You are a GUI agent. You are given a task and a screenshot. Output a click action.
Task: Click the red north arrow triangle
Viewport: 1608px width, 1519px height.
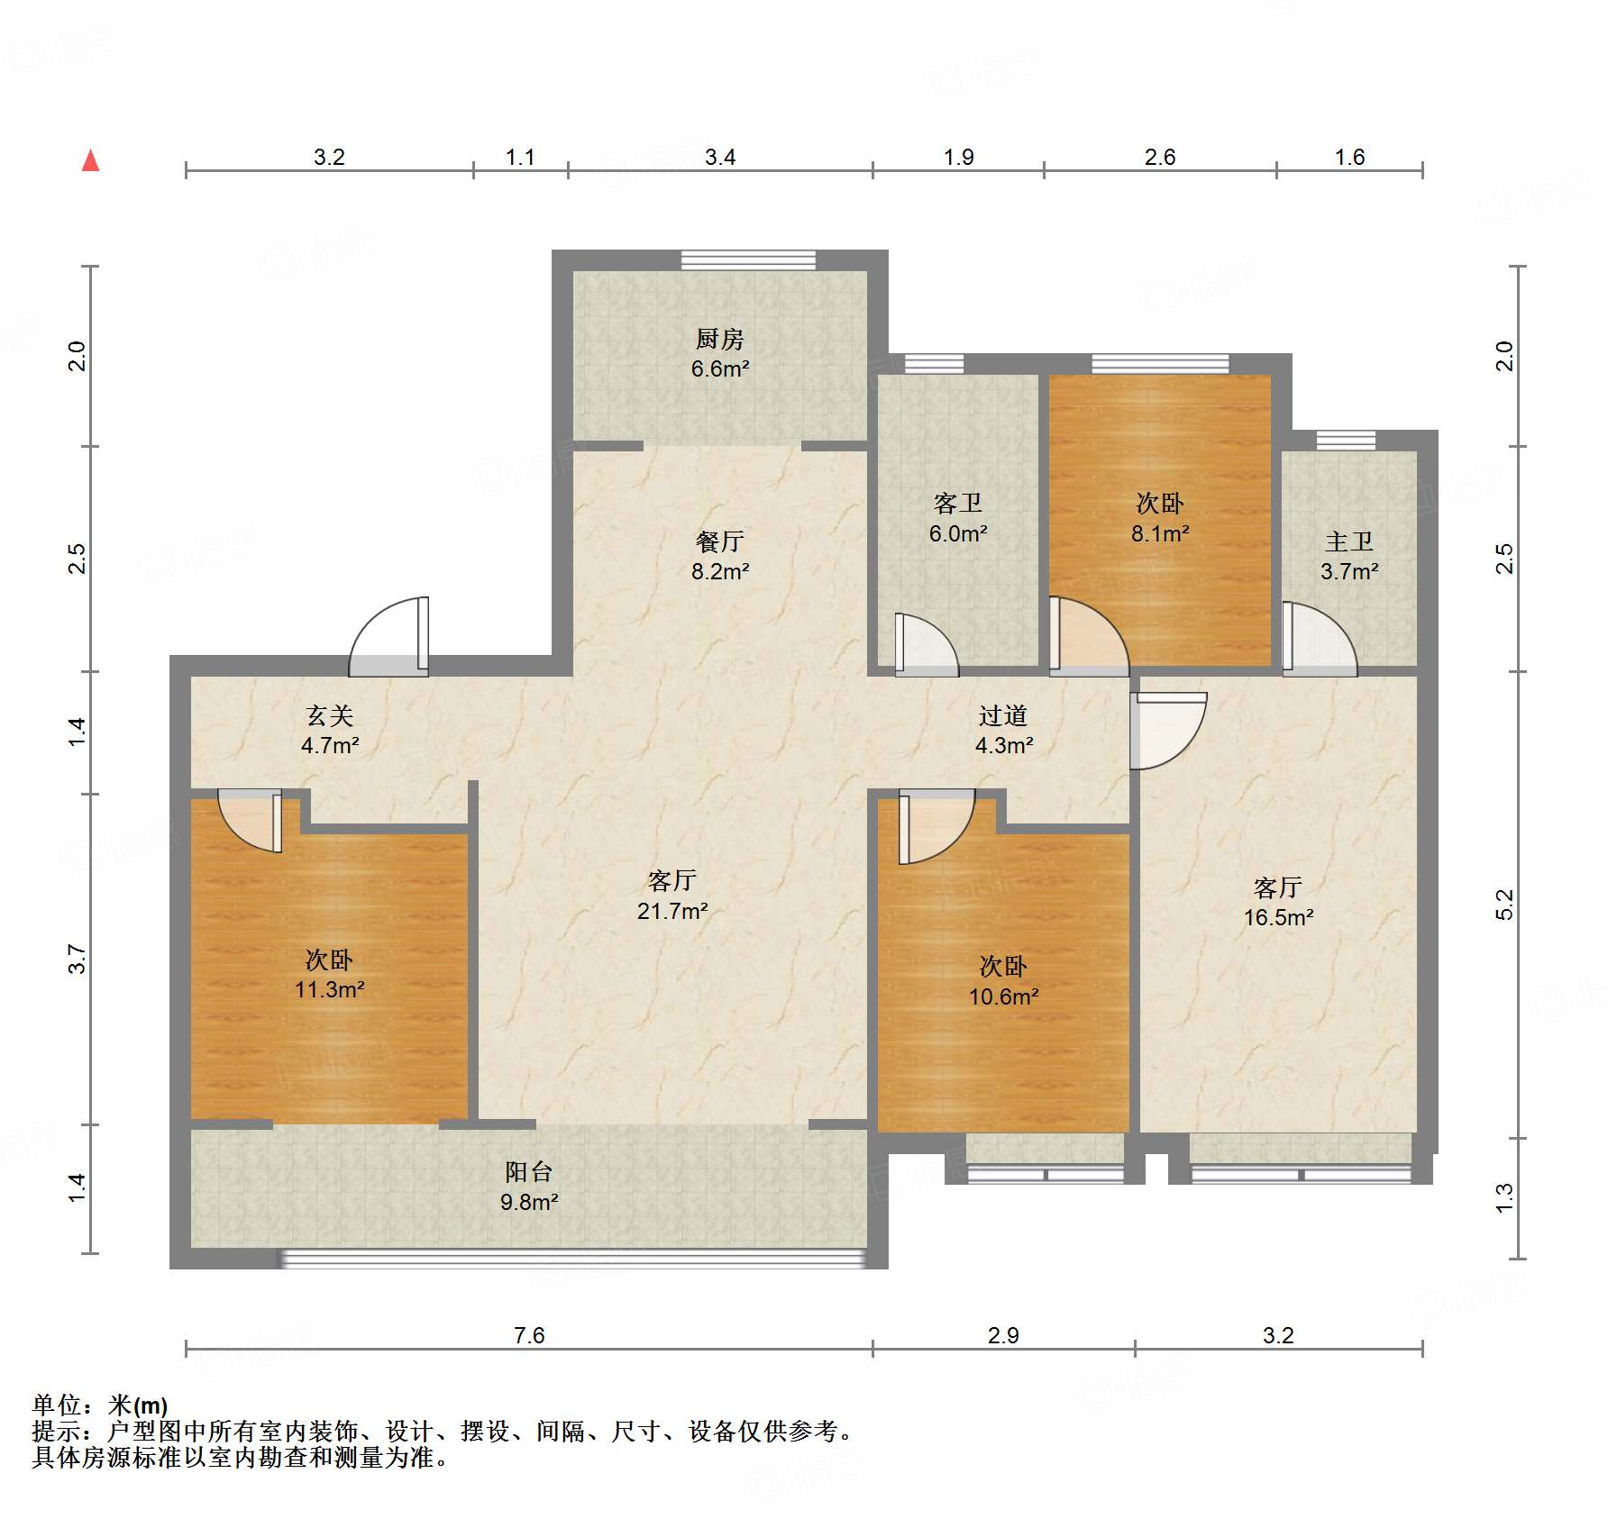[90, 160]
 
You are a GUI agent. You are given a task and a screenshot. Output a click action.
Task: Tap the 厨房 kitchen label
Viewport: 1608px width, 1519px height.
[719, 339]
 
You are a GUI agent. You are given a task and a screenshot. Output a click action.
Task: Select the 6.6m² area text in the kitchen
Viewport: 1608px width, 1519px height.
[720, 368]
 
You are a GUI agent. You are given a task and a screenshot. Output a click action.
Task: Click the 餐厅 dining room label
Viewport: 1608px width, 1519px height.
[719, 541]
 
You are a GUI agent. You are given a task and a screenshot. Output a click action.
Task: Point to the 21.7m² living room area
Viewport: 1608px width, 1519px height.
[672, 911]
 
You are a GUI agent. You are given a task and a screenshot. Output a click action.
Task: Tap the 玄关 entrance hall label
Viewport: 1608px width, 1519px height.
[330, 715]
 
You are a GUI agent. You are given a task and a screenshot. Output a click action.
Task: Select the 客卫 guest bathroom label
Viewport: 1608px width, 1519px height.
[958, 503]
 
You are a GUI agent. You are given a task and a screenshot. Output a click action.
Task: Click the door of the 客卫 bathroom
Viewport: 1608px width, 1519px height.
[927, 644]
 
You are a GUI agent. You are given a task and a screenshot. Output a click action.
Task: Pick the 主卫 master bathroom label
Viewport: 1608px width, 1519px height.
[1349, 541]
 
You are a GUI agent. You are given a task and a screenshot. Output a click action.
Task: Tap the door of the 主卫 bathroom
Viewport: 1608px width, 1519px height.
[1320, 639]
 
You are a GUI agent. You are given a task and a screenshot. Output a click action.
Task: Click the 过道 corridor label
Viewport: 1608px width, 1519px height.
[1003, 715]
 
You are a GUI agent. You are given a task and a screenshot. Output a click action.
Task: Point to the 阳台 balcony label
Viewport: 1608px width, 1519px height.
[529, 1171]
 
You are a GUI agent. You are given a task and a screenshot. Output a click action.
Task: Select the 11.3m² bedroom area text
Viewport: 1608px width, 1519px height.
[330, 989]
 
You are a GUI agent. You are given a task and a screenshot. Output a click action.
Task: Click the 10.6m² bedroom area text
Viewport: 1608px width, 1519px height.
[1004, 996]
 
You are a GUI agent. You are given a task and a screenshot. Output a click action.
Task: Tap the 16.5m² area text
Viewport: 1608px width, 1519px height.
[1278, 917]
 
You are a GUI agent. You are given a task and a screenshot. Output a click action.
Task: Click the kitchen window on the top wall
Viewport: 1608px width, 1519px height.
[748, 260]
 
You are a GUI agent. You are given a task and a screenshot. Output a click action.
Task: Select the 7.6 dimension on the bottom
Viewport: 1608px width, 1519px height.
[529, 1335]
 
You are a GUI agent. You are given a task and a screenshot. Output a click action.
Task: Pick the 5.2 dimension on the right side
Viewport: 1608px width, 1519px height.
[1504, 905]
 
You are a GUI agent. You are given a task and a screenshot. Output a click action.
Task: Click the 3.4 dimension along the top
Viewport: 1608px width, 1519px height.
[720, 157]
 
